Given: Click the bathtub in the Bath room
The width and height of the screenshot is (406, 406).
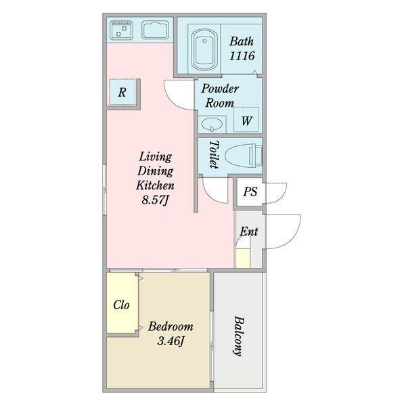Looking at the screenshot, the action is click(204, 50).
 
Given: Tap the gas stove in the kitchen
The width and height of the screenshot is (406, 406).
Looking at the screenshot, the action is click(121, 30).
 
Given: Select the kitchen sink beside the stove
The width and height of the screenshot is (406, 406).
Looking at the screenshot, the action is click(155, 30).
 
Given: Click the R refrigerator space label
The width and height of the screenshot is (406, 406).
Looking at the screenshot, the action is click(122, 92).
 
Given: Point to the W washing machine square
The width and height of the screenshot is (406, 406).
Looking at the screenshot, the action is click(246, 119).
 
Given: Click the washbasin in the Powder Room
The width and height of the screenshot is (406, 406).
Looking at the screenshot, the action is click(212, 125).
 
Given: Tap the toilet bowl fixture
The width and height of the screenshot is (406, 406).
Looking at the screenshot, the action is click(244, 156).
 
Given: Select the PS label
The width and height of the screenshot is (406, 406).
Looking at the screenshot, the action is click(250, 191).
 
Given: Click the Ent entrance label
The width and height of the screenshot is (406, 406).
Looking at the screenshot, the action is click(249, 231).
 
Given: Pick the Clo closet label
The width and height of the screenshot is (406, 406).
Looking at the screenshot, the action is click(121, 305).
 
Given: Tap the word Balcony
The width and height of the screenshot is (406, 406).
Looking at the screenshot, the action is click(238, 336).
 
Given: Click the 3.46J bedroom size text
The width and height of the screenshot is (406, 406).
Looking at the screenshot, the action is click(171, 341).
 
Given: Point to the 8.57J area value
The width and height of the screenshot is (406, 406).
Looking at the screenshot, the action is click(155, 200).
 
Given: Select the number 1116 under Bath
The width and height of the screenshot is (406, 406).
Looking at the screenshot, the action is click(242, 55).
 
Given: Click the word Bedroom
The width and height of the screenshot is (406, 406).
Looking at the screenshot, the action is click(171, 327).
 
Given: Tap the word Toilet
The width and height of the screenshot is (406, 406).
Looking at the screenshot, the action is click(214, 154).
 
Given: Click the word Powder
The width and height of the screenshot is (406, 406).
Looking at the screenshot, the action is click(220, 89).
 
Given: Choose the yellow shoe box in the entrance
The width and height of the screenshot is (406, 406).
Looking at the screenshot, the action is click(243, 258).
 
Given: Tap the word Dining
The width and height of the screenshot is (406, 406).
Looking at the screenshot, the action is click(156, 171).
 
